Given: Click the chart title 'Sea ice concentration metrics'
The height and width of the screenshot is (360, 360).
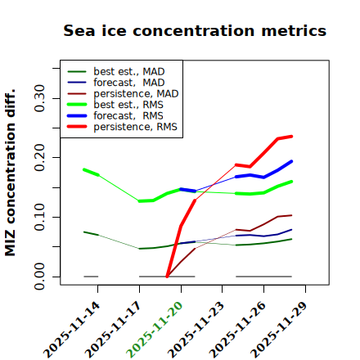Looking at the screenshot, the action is point(195,30).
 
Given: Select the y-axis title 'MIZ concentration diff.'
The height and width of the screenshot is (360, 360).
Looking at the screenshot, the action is point(10,173).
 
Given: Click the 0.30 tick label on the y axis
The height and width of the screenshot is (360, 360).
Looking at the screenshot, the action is point(40,98).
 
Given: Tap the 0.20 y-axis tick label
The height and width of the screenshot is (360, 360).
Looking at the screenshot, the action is point(40,158).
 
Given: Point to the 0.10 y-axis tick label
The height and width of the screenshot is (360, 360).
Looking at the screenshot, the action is point(40,217).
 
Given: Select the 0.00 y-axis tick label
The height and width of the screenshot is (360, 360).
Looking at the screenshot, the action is point(40,277).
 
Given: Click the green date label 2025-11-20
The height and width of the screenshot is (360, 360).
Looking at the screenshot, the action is point(155,330).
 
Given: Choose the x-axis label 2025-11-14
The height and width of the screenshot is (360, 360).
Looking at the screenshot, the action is point(71,330).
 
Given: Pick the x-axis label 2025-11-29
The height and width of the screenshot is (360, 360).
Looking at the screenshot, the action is point(279,330).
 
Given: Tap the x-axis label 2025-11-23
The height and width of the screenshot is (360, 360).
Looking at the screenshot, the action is point(196,330).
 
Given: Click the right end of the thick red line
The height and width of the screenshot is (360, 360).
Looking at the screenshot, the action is point(291,137).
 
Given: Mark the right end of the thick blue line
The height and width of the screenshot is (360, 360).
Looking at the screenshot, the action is point(291,161).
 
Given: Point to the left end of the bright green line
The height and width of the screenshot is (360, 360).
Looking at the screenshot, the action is point(84,169).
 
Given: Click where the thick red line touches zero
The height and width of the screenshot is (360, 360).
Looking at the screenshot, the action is point(167,277).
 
